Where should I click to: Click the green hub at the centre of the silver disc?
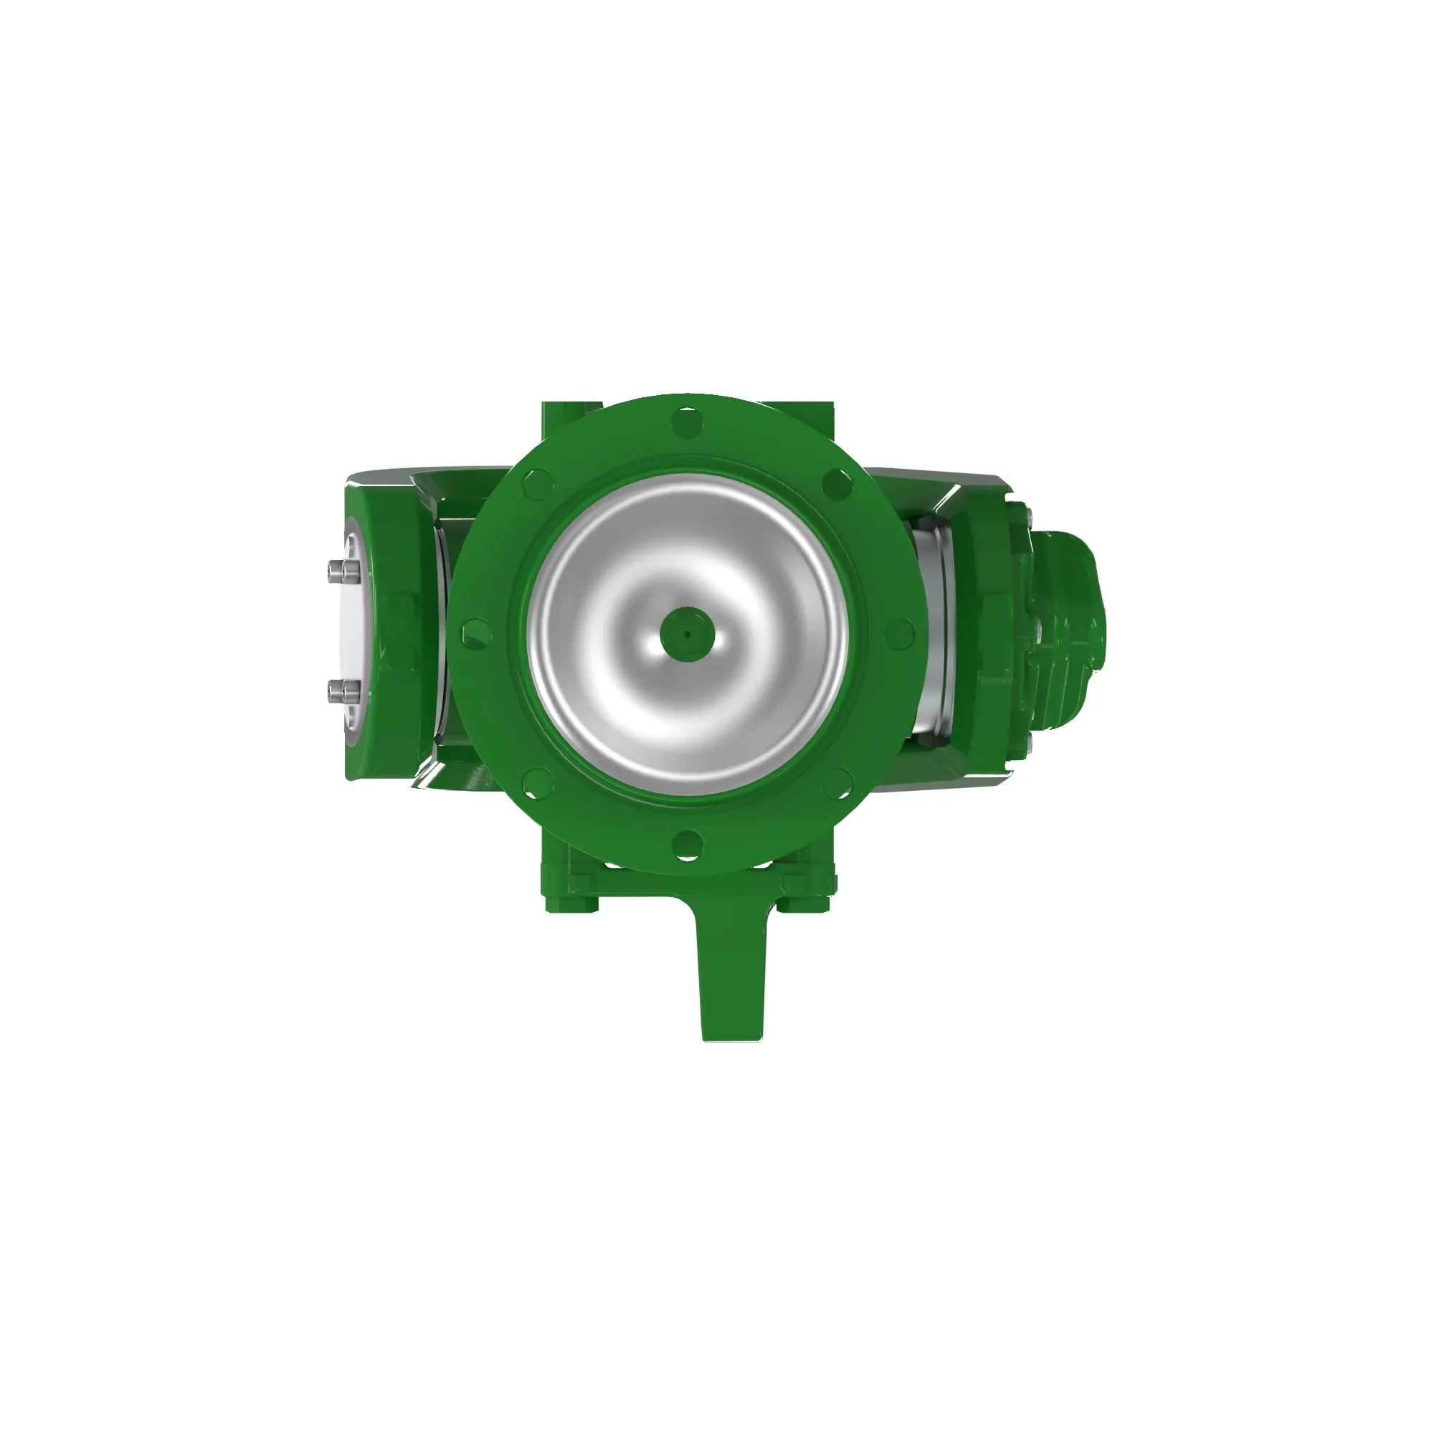[688, 635]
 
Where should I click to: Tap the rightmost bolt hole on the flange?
[899, 633]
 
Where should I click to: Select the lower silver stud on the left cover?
[341, 693]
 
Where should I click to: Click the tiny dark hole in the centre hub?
[688, 635]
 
